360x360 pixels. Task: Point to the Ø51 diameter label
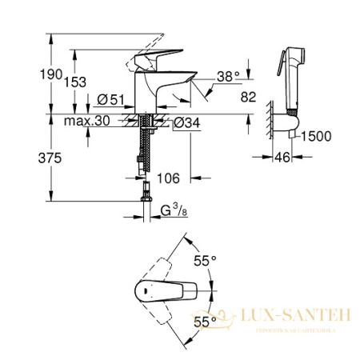click(x=110, y=100)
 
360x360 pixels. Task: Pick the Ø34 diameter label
click(x=185, y=122)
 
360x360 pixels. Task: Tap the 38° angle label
click(x=227, y=77)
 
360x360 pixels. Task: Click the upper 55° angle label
click(x=206, y=260)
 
